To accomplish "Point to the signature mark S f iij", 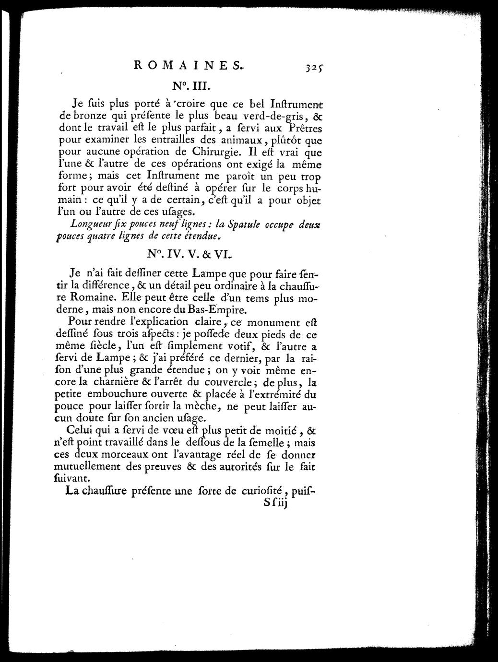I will click(x=275, y=505).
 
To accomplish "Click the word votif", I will click(x=221, y=345).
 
